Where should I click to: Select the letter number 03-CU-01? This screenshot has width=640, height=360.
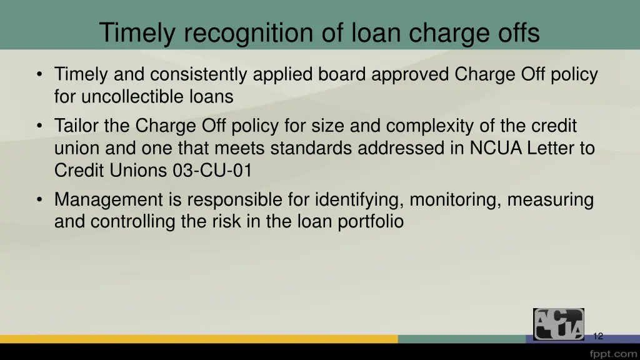click(212, 170)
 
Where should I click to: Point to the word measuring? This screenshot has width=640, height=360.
click(550, 200)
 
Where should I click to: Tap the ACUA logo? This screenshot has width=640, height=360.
click(558, 324)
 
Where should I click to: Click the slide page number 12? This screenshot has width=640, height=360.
click(597, 336)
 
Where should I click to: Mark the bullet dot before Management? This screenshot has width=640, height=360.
click(40, 201)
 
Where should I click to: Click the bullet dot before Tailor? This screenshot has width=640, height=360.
click(40, 127)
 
